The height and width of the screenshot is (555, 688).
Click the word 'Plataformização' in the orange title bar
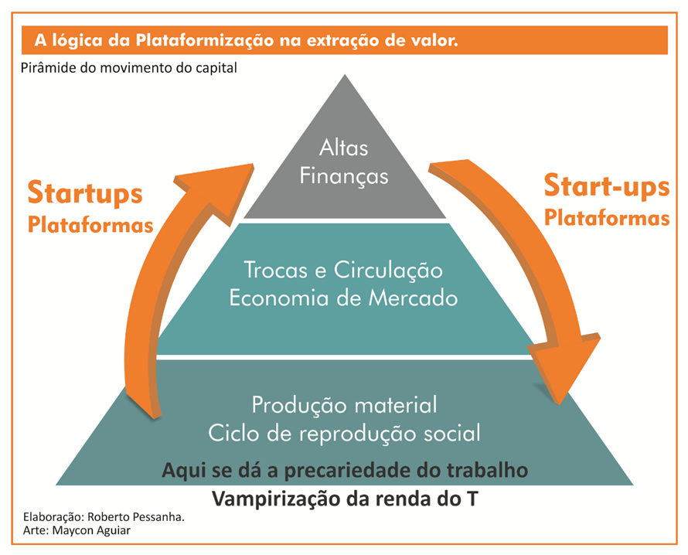tap(205, 41)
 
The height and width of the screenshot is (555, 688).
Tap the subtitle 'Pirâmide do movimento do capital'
tap(128, 68)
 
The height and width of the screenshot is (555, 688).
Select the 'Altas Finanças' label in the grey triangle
tap(343, 162)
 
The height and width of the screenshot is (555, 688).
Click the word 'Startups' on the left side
tap(85, 193)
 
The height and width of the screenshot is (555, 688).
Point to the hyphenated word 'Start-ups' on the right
tap(607, 186)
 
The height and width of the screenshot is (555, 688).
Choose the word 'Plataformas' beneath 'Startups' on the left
tap(90, 225)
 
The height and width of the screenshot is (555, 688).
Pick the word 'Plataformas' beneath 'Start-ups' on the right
tap(607, 218)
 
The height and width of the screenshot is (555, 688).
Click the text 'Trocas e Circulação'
tap(343, 271)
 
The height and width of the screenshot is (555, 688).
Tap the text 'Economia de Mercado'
tap(343, 298)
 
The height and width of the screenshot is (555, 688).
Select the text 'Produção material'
tap(345, 405)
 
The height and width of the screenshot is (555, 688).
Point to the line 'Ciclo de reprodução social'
tap(345, 434)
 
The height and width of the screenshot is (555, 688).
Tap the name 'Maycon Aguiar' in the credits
tap(91, 530)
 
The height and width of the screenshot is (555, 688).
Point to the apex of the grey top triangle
tap(345, 75)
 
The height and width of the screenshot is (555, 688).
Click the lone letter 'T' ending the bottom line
tap(472, 499)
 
